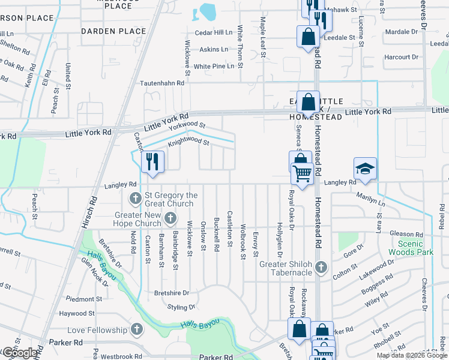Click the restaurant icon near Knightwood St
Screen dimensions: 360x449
click(x=152, y=162)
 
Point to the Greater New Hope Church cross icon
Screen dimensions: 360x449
click(x=170, y=218)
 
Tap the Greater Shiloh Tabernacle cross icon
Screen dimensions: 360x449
click(x=321, y=266)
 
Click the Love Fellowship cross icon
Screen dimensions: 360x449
click(x=137, y=329)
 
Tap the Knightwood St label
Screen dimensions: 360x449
click(x=188, y=143)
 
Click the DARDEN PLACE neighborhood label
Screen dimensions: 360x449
click(x=113, y=31)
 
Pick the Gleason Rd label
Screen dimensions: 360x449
click(x=406, y=235)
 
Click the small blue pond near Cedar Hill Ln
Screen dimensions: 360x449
click(x=208, y=11)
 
